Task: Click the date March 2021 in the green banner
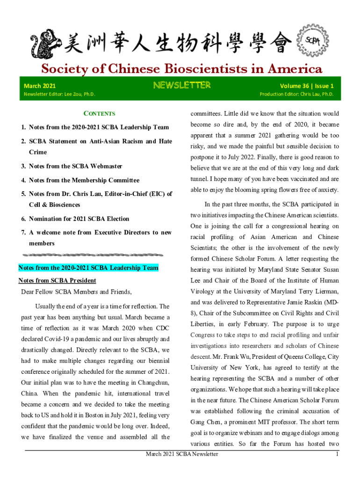[x=40, y=86]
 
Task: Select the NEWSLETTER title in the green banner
[x=182, y=85]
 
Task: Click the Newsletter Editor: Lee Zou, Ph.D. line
[x=59, y=94]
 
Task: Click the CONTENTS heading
[x=99, y=113]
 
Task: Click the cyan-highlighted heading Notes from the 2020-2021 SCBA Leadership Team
[x=88, y=268]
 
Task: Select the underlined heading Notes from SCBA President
[x=57, y=281]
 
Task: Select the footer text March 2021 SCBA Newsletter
[x=182, y=454]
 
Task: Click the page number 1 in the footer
[x=337, y=454]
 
